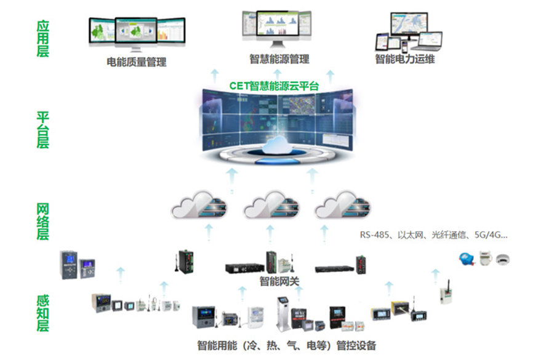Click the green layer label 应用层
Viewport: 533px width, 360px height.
click(42, 39)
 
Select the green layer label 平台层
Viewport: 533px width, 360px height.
click(42, 130)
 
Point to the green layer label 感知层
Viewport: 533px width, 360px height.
click(42, 313)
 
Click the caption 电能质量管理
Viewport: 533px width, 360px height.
click(136, 62)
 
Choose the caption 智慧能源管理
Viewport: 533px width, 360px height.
click(279, 60)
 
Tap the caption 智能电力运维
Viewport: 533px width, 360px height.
click(405, 60)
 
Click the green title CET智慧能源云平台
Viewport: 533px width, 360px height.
click(273, 86)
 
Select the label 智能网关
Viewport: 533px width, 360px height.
click(279, 282)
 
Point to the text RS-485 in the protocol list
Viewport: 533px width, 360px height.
click(374, 234)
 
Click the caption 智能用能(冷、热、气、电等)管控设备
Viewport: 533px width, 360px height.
click(286, 345)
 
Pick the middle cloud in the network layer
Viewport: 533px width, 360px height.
click(271, 207)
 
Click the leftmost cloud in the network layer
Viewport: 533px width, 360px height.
click(199, 207)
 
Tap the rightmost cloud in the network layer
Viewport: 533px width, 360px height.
click(342, 207)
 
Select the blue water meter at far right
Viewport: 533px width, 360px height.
click(466, 258)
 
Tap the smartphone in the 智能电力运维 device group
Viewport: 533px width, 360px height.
click(404, 46)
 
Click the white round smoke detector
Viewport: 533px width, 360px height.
click(503, 258)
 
